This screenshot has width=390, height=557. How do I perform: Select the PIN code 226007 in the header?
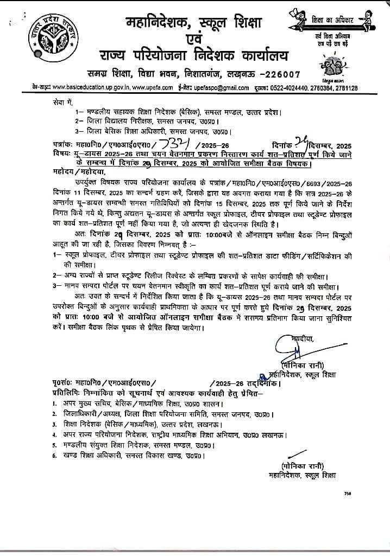point(274,73)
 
